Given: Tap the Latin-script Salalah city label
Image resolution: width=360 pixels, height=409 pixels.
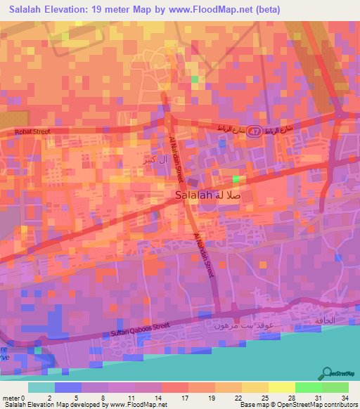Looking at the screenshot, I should tap(193, 197).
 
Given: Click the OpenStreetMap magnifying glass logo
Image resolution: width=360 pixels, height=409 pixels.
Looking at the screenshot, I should tap(327, 372).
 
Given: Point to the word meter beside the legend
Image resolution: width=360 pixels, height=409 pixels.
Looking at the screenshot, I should tap(11, 398).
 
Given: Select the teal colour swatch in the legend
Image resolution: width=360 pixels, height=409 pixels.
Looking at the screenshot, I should tap(41, 387).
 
